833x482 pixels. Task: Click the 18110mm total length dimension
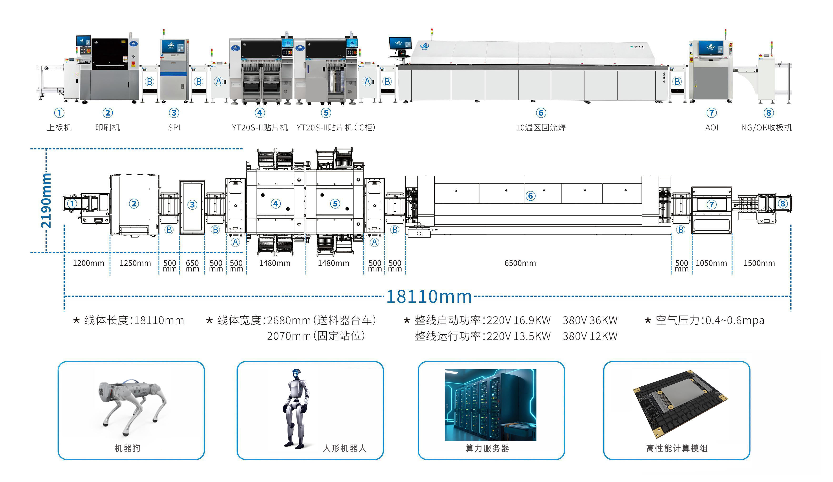point(429,296)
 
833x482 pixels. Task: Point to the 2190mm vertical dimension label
point(46,201)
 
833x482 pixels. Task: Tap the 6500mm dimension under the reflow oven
point(520,263)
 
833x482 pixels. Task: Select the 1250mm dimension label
point(135,263)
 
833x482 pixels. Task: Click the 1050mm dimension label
point(711,263)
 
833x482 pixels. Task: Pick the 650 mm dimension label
point(192,266)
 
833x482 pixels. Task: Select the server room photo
point(490,405)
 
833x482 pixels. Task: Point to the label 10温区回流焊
point(541,128)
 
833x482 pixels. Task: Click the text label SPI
point(174,128)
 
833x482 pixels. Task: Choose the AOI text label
point(712,128)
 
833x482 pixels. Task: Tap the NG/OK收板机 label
point(766,128)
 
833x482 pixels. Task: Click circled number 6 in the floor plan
point(530,196)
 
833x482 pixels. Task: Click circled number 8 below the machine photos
point(769,113)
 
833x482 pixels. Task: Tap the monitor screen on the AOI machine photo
point(710,48)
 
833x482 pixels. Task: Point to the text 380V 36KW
point(590,320)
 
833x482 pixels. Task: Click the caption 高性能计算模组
point(677,448)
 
